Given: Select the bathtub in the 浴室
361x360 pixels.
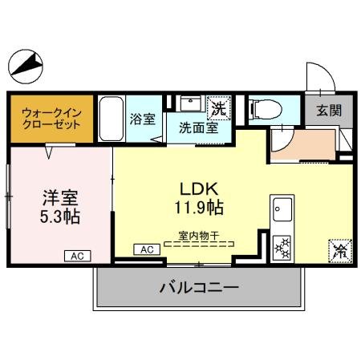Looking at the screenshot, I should click(x=112, y=118).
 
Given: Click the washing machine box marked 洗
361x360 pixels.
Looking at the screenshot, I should click(x=217, y=106).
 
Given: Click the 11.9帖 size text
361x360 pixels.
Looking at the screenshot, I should click(x=196, y=208).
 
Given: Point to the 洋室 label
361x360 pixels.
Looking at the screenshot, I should click(x=59, y=197).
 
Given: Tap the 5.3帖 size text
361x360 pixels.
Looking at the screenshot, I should click(x=59, y=216).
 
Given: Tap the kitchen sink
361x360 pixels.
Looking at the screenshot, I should click(x=282, y=212).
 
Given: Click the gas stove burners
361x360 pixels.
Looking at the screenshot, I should click(x=282, y=245).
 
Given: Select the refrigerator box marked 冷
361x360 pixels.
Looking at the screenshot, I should click(x=338, y=250).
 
